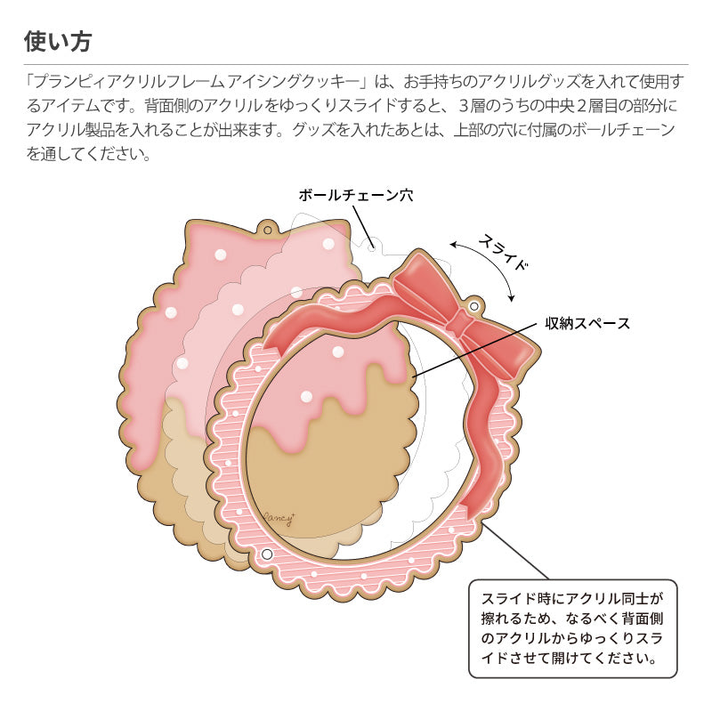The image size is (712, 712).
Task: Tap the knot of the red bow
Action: coord(460,322)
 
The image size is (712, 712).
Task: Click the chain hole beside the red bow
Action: coord(474,307)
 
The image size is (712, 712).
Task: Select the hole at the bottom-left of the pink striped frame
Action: coord(266,554)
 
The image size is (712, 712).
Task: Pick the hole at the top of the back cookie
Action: coord(266,231)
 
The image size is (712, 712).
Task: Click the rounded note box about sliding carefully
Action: coord(573,629)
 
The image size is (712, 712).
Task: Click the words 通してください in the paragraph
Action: coord(98,154)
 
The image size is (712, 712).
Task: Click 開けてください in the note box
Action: coord(583,660)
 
